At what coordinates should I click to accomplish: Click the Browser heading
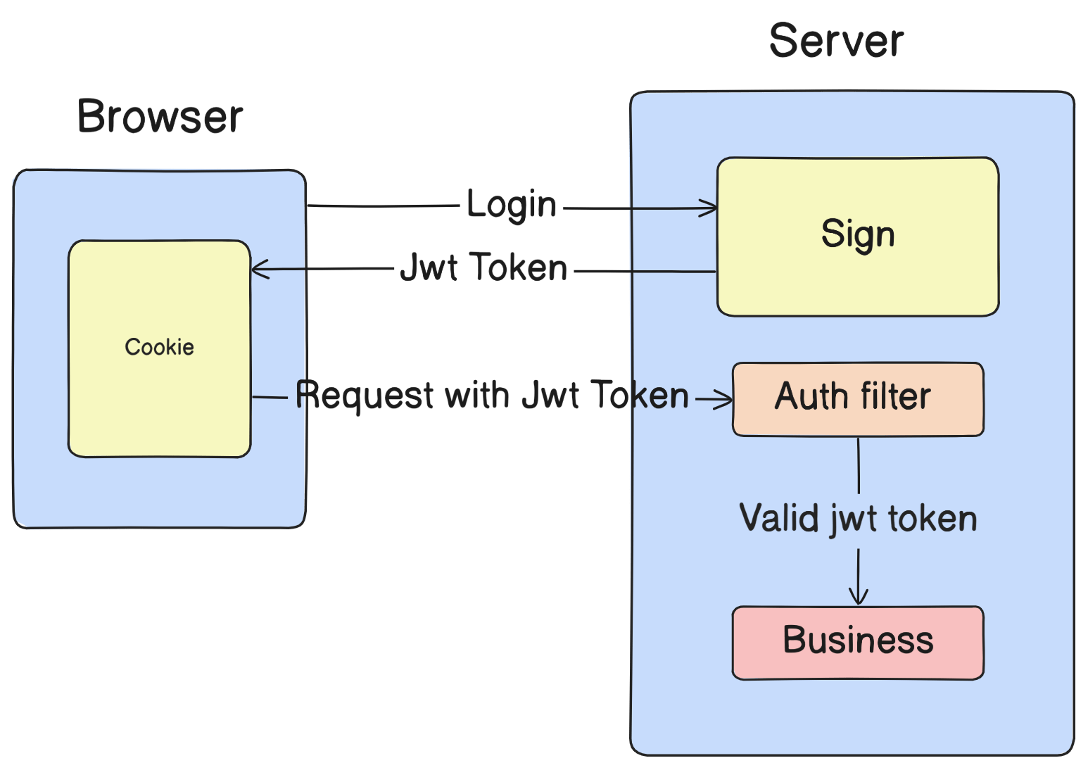[160, 117]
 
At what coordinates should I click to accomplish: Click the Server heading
[836, 41]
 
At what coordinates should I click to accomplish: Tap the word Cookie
[159, 347]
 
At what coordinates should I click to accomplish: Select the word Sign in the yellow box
[858, 234]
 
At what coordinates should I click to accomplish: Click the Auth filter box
[858, 398]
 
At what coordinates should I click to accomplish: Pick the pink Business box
[858, 642]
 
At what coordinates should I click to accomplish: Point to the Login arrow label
[512, 206]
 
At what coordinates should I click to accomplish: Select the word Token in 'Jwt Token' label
[519, 268]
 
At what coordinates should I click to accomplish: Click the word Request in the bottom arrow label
[365, 396]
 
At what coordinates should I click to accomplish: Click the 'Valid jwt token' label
[858, 519]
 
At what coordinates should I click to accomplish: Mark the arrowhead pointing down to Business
[858, 598]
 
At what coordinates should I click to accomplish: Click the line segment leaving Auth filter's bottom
[858, 465]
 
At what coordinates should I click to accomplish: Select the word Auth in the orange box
[811, 396]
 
